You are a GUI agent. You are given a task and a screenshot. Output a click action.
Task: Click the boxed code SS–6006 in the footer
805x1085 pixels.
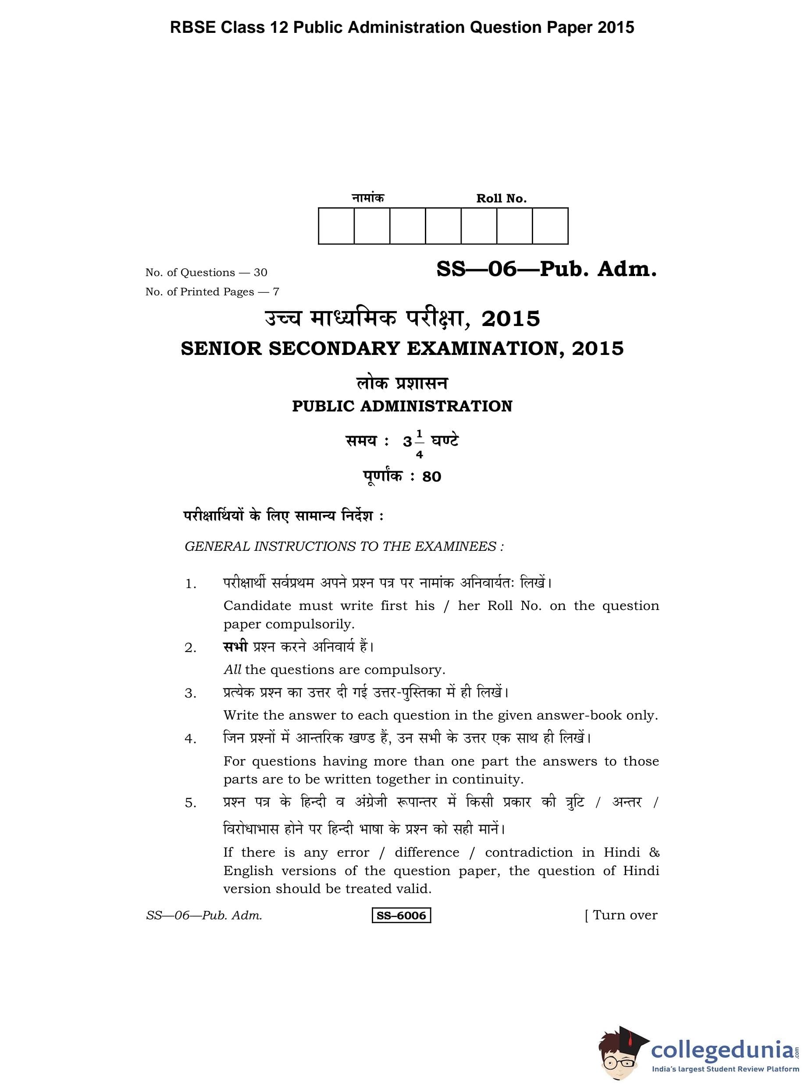point(401,915)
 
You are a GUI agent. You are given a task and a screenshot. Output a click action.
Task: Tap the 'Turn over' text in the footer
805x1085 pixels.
point(625,915)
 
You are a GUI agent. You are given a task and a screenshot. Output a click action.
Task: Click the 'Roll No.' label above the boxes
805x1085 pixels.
point(502,199)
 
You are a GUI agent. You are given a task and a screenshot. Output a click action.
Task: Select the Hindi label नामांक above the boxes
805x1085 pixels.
point(368,198)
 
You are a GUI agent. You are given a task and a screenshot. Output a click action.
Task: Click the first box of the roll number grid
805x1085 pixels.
point(336,226)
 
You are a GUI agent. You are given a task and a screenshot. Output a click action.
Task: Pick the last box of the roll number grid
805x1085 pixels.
point(550,226)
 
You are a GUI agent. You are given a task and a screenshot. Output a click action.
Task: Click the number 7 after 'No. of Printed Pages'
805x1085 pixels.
point(276,292)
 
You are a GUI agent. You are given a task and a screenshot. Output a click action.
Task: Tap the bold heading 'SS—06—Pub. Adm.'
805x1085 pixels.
point(546,269)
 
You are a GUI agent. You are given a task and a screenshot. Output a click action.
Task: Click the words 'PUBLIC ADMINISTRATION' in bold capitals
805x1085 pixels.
point(402,406)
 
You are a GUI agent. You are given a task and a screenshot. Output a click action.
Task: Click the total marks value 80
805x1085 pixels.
point(432,477)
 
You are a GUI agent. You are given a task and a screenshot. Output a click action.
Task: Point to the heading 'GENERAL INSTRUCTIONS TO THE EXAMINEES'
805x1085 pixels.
point(344,546)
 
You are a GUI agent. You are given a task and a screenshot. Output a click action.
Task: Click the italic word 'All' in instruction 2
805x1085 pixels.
point(232,670)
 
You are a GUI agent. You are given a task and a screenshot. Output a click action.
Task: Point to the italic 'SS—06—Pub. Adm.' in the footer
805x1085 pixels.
point(204,915)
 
